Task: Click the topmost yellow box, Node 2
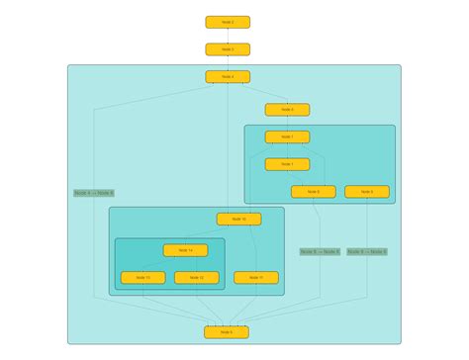pyautogui.click(x=228, y=22)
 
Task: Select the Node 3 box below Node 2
pyautogui.click(x=228, y=48)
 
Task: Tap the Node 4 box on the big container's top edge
pyautogui.click(x=228, y=76)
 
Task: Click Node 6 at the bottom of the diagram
pyautogui.click(x=227, y=332)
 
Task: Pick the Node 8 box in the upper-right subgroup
pyautogui.click(x=313, y=192)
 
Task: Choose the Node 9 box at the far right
pyautogui.click(x=366, y=192)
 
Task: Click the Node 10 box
pyautogui.click(x=238, y=220)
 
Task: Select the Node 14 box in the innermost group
pyautogui.click(x=185, y=251)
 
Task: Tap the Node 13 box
pyautogui.click(x=142, y=278)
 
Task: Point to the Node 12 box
pyautogui.click(x=196, y=278)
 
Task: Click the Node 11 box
pyautogui.click(x=256, y=278)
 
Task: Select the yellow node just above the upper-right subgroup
pyautogui.click(x=287, y=110)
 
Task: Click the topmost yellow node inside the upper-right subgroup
pyautogui.click(x=287, y=137)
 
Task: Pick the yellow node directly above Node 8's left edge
pyautogui.click(x=287, y=164)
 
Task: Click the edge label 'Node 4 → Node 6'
pyautogui.click(x=94, y=193)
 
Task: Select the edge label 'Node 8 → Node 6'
pyautogui.click(x=320, y=252)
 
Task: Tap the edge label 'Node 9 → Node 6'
pyautogui.click(x=367, y=252)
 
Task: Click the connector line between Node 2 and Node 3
pyautogui.click(x=228, y=36)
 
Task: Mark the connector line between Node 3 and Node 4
pyautogui.click(x=228, y=62)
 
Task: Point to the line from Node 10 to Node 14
pyautogui.click(x=212, y=235)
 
